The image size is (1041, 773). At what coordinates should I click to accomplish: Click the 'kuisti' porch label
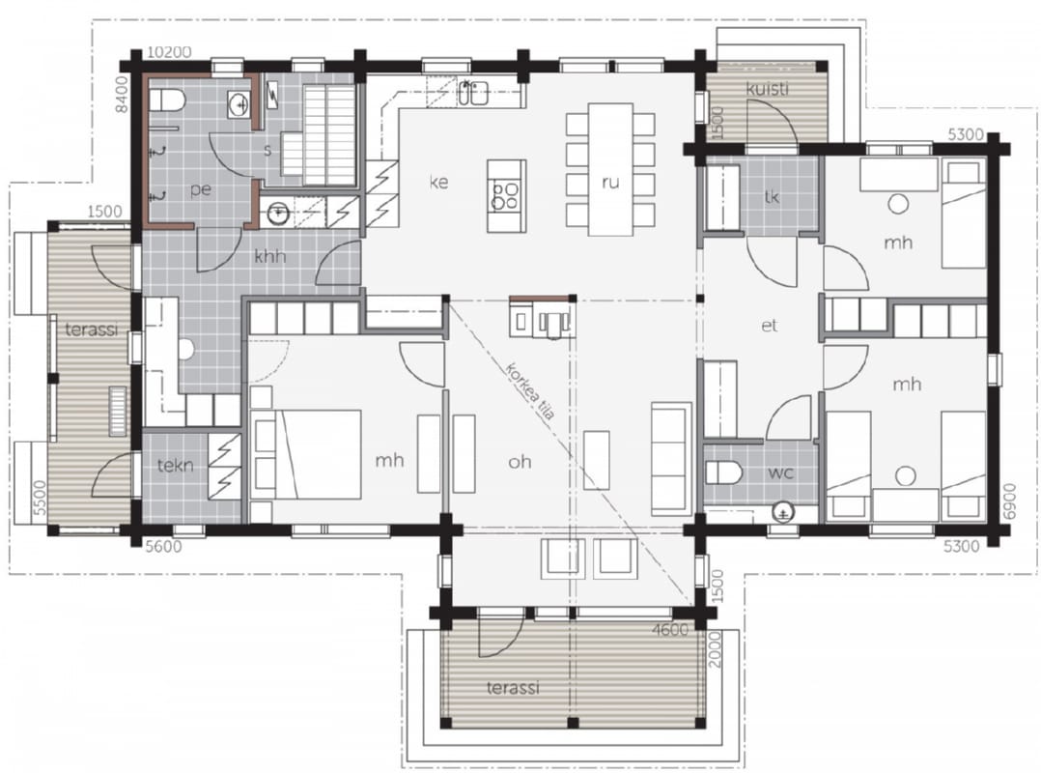tap(768, 88)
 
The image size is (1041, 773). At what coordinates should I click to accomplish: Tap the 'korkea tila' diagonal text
tap(530, 391)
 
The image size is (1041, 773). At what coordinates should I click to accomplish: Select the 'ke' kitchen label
tap(438, 182)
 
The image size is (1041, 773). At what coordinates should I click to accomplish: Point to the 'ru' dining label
tap(610, 182)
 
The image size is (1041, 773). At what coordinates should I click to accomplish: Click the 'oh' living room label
tap(520, 461)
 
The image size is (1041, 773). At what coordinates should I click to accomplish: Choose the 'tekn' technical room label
tap(176, 466)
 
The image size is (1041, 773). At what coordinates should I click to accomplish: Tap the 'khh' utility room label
tap(270, 256)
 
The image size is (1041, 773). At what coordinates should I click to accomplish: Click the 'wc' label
tap(780, 472)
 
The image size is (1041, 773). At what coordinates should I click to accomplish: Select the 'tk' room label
tap(772, 196)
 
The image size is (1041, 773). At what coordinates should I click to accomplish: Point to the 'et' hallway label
tap(770, 326)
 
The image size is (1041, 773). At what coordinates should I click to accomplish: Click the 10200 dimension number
tap(169, 52)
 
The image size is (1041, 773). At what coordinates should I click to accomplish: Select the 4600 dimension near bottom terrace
tap(670, 630)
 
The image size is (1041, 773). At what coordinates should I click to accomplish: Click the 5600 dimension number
tap(163, 547)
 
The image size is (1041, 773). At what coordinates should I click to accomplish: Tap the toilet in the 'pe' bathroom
tap(167, 100)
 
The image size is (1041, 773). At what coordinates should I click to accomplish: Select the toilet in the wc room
tap(723, 472)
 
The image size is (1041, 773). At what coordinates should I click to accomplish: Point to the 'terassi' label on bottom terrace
tap(513, 687)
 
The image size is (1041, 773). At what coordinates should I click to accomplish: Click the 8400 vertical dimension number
tap(121, 94)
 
